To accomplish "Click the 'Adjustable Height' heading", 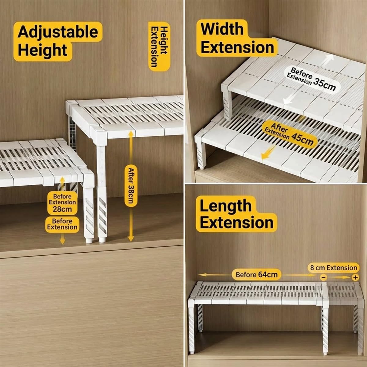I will click(x=57, y=41).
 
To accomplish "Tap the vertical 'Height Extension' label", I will click(x=159, y=46).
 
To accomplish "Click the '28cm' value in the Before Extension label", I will click(x=62, y=209).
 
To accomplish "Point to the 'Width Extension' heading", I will click(x=237, y=38).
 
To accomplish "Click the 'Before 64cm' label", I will click(x=257, y=274).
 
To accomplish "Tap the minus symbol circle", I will click(x=324, y=277).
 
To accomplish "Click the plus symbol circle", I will click(x=355, y=277).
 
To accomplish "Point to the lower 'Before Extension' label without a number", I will click(x=62, y=224).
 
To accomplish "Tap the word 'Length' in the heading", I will click(x=225, y=206).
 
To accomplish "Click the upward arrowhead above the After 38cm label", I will click(x=131, y=133).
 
